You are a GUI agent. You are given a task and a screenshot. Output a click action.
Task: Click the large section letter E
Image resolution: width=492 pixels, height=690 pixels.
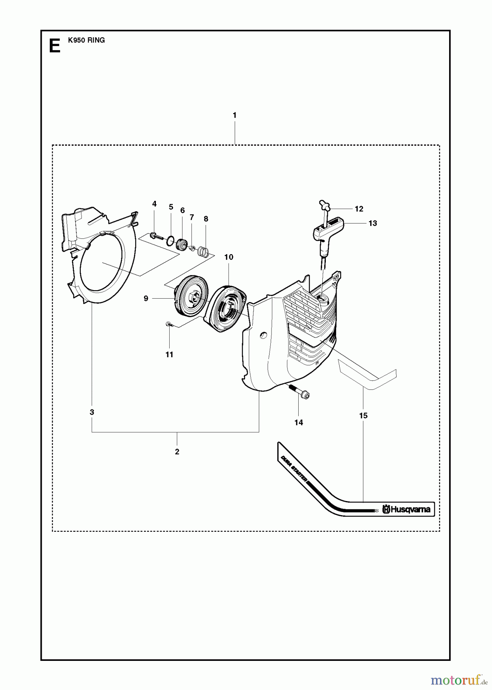pyautogui.click(x=55, y=46)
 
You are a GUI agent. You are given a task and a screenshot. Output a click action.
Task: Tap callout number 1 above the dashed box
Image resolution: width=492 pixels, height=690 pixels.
pyautogui.click(x=234, y=115)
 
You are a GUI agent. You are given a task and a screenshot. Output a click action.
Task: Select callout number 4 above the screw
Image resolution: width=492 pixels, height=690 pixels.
pyautogui.click(x=154, y=204)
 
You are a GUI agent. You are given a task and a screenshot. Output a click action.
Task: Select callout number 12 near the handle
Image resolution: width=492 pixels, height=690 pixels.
pyautogui.click(x=359, y=209)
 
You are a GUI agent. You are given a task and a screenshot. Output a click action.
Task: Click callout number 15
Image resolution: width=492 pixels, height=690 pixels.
pyautogui.click(x=363, y=415)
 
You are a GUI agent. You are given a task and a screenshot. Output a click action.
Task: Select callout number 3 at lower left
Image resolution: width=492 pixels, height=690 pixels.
pyautogui.click(x=92, y=412)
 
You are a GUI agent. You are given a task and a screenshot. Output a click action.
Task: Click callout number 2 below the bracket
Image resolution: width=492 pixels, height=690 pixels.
pyautogui.click(x=177, y=452)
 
